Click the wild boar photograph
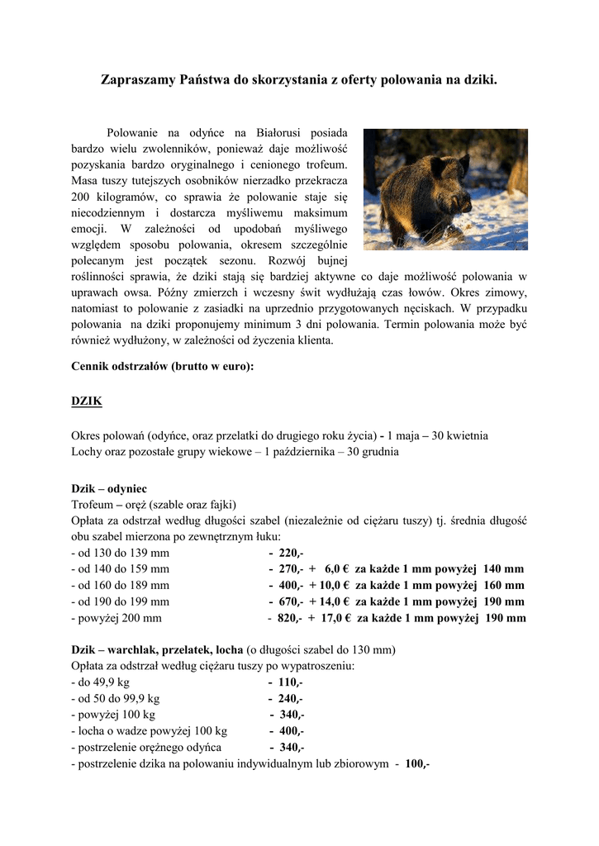pos(445,189)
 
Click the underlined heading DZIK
pos(87,401)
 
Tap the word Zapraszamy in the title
pos(138,80)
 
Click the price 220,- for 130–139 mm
pos(291,553)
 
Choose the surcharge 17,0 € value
pos(336,618)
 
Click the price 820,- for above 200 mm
pos(289,618)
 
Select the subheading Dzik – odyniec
pos(109,489)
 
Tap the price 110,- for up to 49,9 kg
pos(291,682)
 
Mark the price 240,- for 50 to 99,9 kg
pos(291,699)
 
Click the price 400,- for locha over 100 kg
pos(292,731)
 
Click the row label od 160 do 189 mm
pos(121,586)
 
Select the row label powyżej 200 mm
pos(116,618)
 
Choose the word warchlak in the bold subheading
pos(137,650)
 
